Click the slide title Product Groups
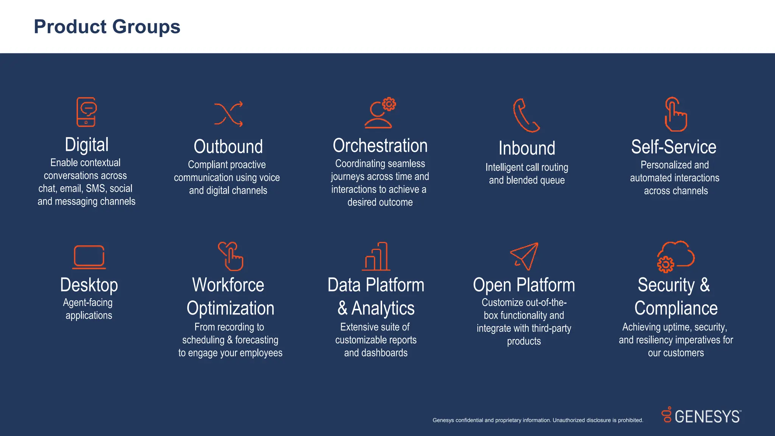107,27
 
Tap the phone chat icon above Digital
86,112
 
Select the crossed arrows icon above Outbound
228,114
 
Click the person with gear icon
380,114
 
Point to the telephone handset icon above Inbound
526,115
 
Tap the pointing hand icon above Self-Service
675,115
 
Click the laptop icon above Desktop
89,257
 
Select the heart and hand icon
230,256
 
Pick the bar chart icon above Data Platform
376,257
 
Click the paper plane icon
524,256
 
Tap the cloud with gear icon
675,256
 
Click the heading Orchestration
380,146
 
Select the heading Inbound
527,148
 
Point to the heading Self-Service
674,147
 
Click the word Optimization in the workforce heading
230,308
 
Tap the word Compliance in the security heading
676,308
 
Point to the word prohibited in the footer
630,420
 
